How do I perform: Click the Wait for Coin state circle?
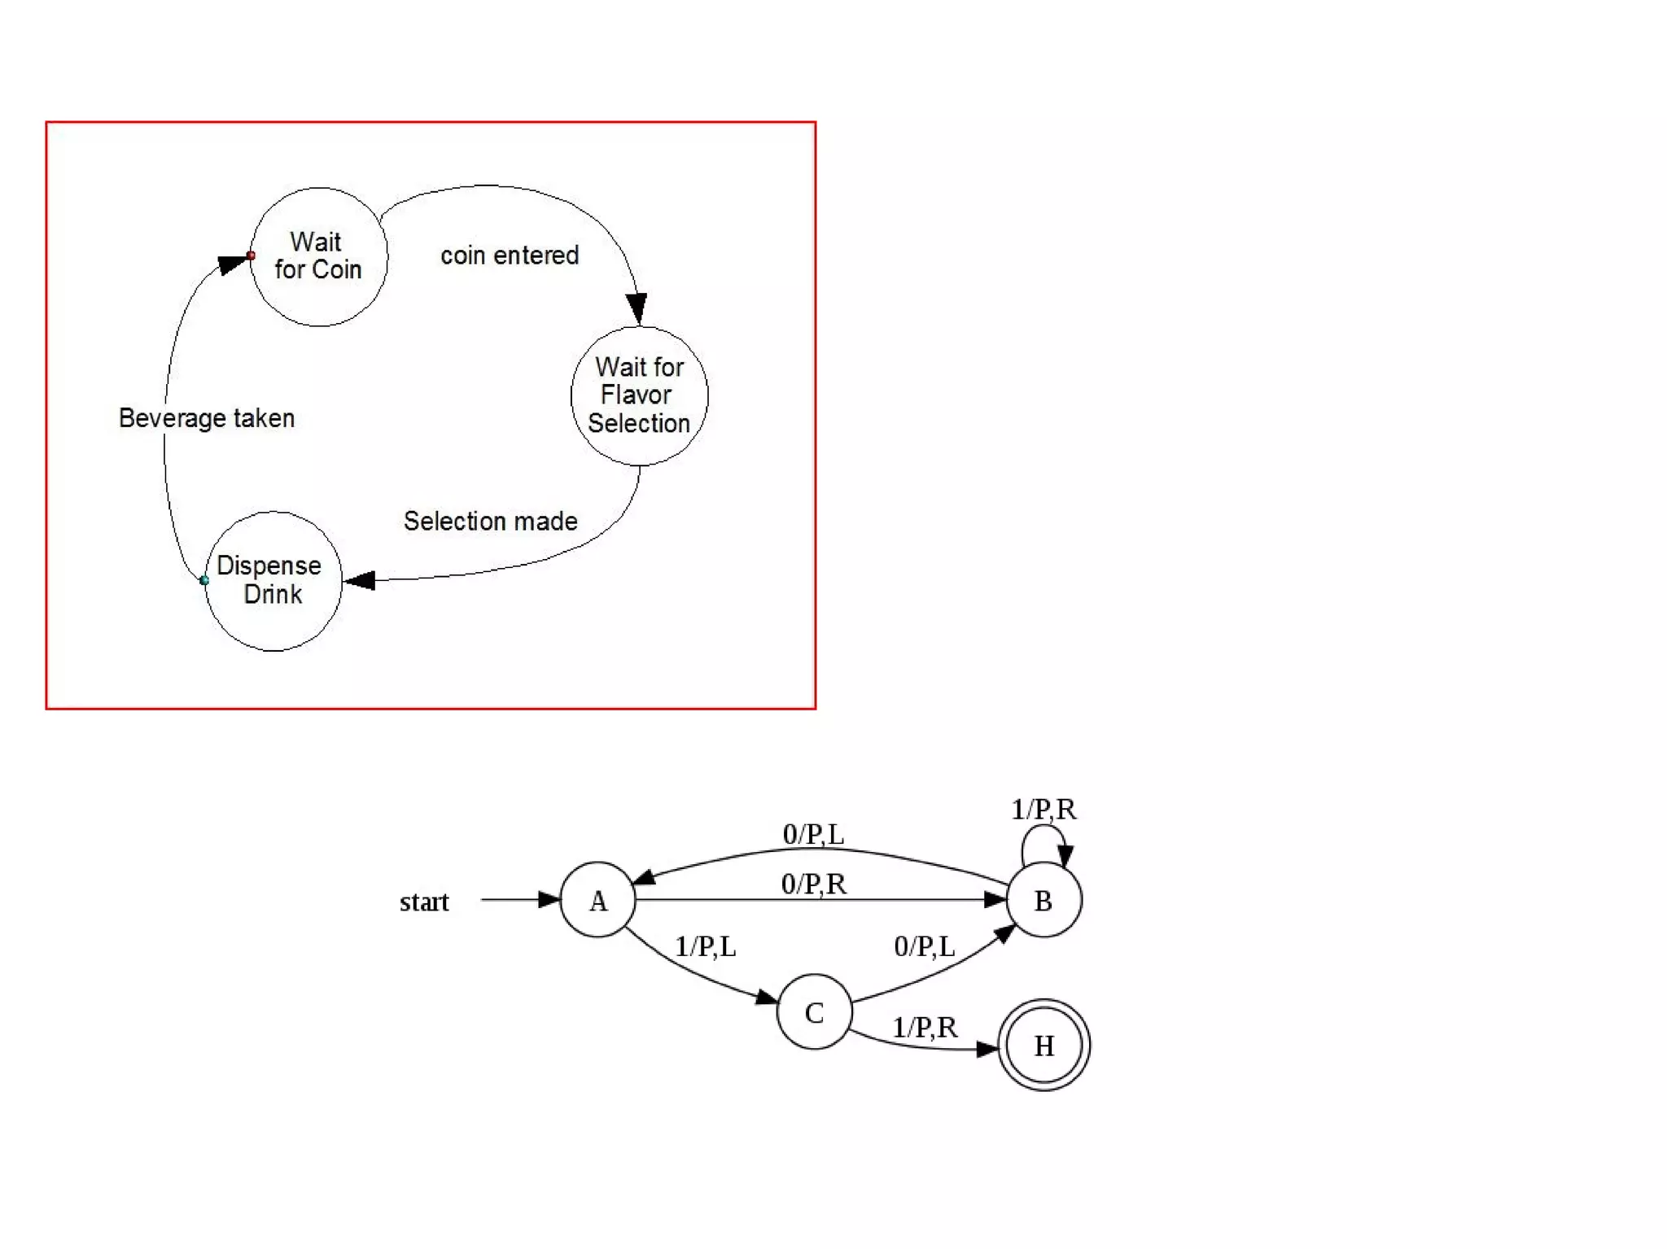tap(318, 257)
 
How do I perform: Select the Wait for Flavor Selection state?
tap(639, 395)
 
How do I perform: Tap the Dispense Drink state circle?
tap(273, 581)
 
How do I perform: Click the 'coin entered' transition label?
tap(510, 255)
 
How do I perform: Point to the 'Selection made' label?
tap(490, 522)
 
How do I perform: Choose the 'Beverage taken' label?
tap(207, 418)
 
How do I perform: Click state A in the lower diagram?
tap(597, 900)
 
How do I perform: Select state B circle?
tap(1044, 900)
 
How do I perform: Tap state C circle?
tap(814, 1012)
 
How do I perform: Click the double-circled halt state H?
tap(1044, 1046)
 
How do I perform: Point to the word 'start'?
tap(424, 902)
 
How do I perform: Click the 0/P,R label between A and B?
tap(813, 884)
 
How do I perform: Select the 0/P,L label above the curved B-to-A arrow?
tap(813, 834)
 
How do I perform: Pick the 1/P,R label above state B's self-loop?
tap(1043, 809)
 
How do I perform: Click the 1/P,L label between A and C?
tap(705, 946)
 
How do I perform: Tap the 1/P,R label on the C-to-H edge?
tap(924, 1028)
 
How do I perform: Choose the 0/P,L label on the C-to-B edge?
tap(924, 946)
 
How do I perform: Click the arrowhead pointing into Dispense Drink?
tap(359, 580)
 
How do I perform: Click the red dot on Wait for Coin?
tap(251, 255)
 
